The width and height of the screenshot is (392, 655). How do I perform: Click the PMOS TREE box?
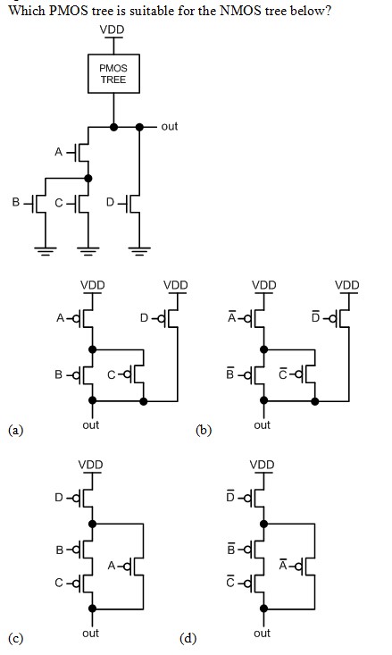113,73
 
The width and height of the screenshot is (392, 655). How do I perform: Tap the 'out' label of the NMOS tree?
170,126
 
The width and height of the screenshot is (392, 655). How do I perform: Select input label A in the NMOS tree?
59,152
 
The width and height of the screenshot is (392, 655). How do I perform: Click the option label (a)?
15,431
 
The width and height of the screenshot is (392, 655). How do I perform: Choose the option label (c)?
15,638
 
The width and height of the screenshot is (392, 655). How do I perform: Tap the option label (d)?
187,638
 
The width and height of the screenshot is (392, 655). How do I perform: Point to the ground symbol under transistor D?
139,250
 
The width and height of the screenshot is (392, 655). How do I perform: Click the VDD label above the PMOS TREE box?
113,29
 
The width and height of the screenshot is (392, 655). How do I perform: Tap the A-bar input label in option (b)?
231,317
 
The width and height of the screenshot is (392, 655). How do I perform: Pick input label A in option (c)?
111,566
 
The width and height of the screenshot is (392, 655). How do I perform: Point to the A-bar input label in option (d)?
283,566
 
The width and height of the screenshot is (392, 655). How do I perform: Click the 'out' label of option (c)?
90,633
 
